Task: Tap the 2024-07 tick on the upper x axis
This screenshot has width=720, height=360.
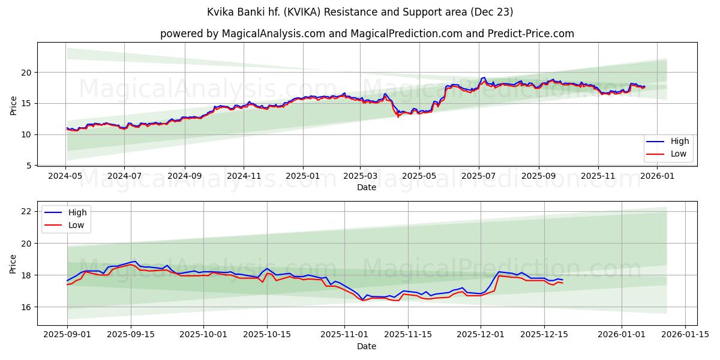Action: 124,176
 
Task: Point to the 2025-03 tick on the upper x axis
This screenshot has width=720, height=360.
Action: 360,176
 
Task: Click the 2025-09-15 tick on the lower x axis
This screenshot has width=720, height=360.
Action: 131,335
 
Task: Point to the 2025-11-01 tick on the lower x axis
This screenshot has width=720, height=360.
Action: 343,335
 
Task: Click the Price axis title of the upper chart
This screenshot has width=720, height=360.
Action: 14,105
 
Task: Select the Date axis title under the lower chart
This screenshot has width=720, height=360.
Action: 367,346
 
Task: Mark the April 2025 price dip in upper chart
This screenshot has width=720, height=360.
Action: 398,115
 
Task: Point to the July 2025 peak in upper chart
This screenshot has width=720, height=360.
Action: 484,78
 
